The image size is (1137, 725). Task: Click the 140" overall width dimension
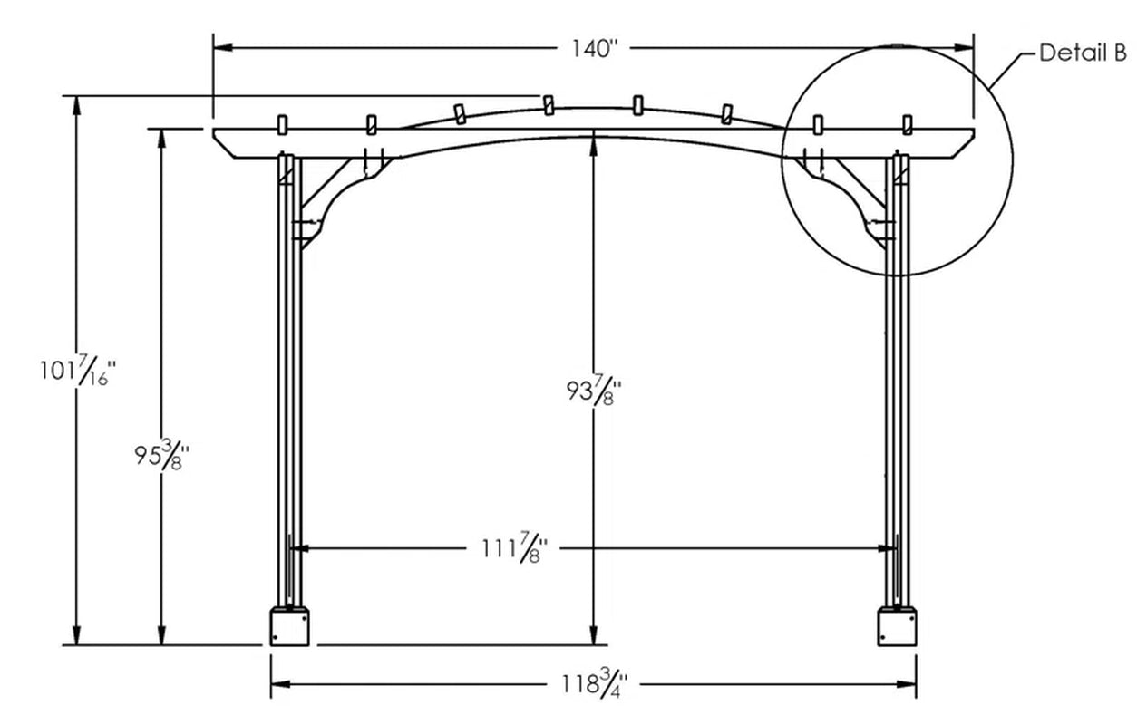(593, 49)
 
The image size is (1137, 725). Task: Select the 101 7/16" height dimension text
(78, 372)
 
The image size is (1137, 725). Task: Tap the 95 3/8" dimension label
(162, 455)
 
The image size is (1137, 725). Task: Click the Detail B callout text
(1083, 53)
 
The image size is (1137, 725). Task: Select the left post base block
(291, 626)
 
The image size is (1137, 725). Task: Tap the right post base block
(897, 626)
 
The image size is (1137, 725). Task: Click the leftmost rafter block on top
(281, 123)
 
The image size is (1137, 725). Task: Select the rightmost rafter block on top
(906, 123)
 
